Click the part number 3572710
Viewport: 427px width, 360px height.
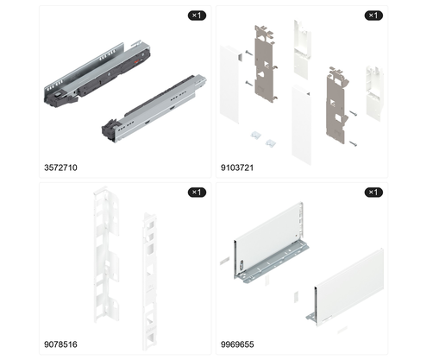[60, 167]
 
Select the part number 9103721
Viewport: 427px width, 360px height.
[237, 167]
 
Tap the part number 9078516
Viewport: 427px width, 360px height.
[60, 344]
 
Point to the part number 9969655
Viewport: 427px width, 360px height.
[237, 344]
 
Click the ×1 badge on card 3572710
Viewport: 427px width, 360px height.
[197, 16]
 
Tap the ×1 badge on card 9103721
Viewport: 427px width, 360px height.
[374, 16]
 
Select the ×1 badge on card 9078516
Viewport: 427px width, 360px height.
[197, 192]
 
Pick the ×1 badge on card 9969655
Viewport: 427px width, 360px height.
[374, 192]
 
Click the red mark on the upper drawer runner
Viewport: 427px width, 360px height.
[136, 60]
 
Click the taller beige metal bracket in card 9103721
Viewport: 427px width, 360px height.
[265, 64]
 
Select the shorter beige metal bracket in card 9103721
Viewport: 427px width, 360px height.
[336, 105]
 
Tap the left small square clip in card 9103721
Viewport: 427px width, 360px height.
[255, 135]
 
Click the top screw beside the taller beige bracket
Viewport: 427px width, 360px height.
[248, 53]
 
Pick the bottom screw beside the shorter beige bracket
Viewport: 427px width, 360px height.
[353, 143]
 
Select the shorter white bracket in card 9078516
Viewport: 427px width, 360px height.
[150, 281]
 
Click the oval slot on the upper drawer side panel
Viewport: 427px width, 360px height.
[242, 265]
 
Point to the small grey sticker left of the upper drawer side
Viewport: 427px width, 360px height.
[224, 261]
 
